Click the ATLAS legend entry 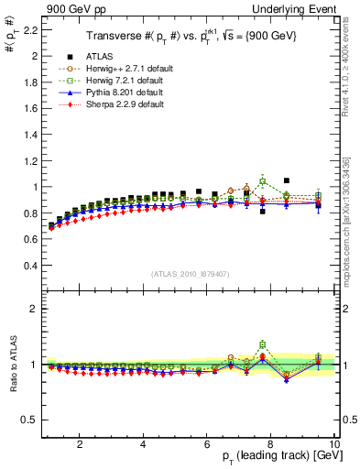[x=101, y=57]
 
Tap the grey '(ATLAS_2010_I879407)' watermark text [x=189, y=273]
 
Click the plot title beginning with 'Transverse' [x=190, y=38]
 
